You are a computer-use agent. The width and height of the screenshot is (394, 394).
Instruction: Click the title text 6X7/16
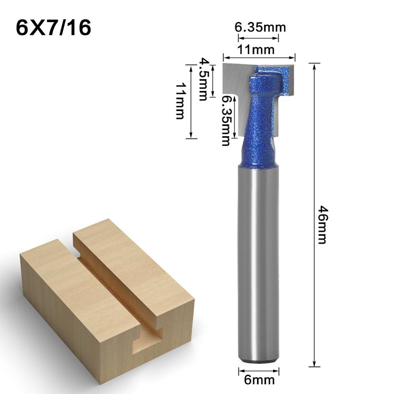point(54,28)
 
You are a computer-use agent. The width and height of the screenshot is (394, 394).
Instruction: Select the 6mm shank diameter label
point(259,380)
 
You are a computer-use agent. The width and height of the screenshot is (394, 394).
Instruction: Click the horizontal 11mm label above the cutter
point(259,50)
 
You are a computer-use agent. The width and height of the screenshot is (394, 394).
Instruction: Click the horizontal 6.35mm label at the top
point(260,28)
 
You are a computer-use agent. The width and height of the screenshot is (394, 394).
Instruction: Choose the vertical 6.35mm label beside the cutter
point(225,121)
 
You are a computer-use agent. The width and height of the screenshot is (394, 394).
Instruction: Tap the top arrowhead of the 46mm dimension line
point(314,65)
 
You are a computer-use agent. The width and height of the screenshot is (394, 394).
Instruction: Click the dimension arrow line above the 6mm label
point(259,370)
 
